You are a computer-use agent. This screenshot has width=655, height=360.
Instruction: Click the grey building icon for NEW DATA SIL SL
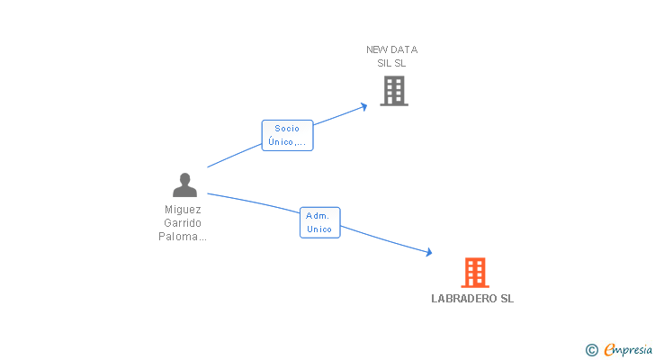pyautogui.click(x=394, y=91)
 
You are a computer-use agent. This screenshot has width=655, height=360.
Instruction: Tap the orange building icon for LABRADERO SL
pyautogui.click(x=475, y=272)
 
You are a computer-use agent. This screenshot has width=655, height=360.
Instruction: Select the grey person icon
pyautogui.click(x=184, y=185)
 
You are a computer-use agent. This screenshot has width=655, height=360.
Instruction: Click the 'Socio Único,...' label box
pyautogui.click(x=288, y=135)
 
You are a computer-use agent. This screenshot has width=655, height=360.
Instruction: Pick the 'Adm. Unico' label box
pyautogui.click(x=319, y=222)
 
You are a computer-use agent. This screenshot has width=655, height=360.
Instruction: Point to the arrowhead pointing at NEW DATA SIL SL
pyautogui.click(x=363, y=106)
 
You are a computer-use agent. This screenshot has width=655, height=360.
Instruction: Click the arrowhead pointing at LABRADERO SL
pyautogui.click(x=428, y=254)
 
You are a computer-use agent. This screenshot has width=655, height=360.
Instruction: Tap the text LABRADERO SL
pyautogui.click(x=472, y=299)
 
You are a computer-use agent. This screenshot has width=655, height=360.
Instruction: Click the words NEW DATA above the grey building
pyautogui.click(x=391, y=49)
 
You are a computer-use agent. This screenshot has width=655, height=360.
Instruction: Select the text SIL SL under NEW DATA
pyautogui.click(x=391, y=63)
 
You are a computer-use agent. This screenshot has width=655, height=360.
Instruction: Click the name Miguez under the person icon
pyautogui.click(x=183, y=209)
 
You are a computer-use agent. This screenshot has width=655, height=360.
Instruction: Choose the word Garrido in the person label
pyautogui.click(x=183, y=222)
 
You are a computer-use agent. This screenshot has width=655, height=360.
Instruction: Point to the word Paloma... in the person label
pyautogui.click(x=183, y=237)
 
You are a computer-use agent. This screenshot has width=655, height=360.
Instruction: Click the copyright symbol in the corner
pyautogui.click(x=591, y=349)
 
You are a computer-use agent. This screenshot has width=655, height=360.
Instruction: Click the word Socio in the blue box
pyautogui.click(x=288, y=129)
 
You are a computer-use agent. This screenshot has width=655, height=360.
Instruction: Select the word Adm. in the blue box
pyautogui.click(x=319, y=216)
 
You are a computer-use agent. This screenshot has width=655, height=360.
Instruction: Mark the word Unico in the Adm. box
pyautogui.click(x=319, y=229)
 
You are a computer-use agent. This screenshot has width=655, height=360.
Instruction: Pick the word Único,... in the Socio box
pyautogui.click(x=288, y=142)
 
